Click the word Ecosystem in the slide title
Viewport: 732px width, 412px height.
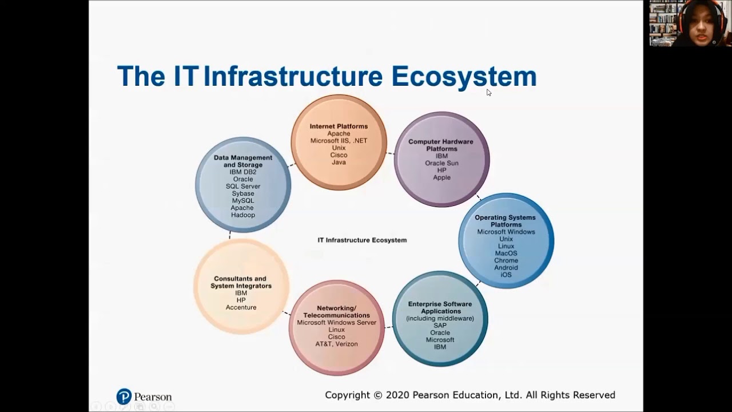point(464,77)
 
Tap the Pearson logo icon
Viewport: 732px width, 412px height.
point(124,397)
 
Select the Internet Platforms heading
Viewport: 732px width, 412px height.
point(339,126)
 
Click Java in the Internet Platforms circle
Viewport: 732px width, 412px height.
point(339,163)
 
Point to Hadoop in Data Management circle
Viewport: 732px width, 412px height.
point(243,215)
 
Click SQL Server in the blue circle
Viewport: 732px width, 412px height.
point(243,187)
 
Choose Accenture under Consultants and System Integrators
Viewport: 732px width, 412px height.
point(241,307)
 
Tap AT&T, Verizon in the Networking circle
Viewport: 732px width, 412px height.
point(336,344)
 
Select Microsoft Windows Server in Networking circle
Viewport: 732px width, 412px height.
point(336,323)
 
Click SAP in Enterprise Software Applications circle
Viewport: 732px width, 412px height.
point(440,326)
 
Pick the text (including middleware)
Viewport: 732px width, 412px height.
point(440,318)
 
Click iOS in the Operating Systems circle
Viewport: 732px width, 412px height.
point(506,275)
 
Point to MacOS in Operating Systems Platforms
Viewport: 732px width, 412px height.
point(506,253)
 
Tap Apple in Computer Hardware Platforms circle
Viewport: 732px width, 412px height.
point(441,177)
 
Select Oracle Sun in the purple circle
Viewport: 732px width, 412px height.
point(441,163)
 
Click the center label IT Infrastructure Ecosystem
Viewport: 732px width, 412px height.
point(362,240)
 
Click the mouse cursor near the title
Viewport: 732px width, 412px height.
point(489,93)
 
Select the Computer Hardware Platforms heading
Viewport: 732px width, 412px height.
point(440,145)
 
